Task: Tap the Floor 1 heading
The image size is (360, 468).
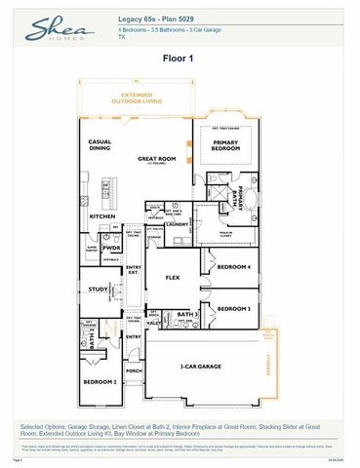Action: pos(180,58)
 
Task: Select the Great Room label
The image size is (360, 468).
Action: pos(156,158)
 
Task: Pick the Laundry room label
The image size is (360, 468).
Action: pos(177,225)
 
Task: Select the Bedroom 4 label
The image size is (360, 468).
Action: pos(234,267)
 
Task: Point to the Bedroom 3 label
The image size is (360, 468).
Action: pos(234,308)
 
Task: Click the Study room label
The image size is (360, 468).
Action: pos(98,290)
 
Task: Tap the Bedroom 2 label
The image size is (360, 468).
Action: pos(100,381)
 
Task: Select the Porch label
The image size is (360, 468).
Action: pos(134,370)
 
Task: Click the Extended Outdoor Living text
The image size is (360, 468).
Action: pos(137,98)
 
